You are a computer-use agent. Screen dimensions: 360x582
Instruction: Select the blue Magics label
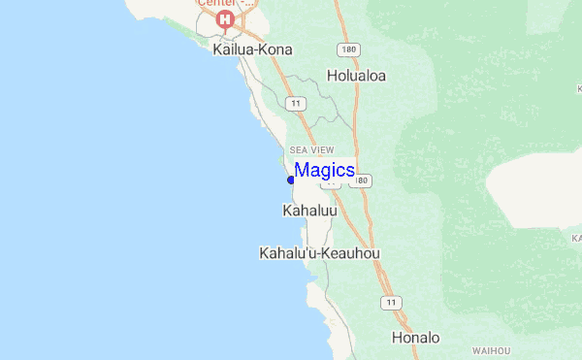[324, 170]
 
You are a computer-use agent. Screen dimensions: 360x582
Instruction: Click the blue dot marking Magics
[291, 180]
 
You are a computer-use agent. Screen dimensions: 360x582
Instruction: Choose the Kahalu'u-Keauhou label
[319, 253]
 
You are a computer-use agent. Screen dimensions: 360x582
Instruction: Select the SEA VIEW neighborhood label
[311, 149]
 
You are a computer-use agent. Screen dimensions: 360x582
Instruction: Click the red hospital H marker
[226, 19]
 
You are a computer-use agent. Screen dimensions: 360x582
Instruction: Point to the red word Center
[216, 3]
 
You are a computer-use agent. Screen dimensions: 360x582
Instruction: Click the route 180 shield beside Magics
[362, 180]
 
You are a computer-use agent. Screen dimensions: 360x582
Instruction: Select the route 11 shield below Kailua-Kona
[294, 103]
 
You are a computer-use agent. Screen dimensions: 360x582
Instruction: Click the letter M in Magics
[302, 170]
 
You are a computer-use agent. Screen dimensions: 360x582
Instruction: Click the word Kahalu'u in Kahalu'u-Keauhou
[287, 253]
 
